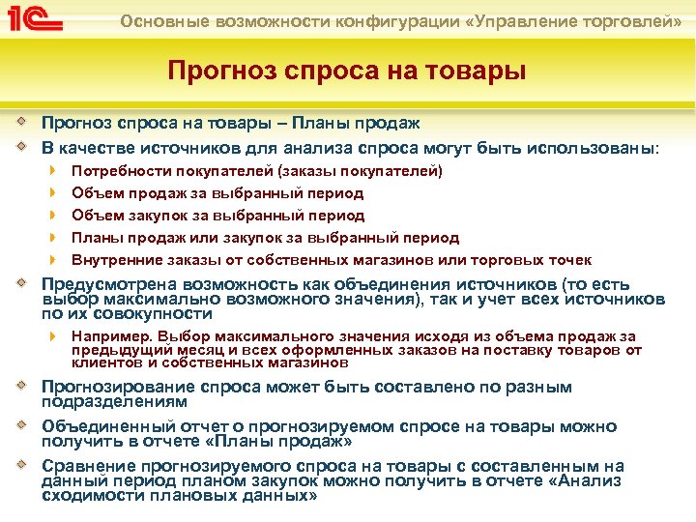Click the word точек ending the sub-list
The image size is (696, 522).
[x=570, y=260]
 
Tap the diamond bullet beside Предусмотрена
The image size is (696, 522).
[x=22, y=284]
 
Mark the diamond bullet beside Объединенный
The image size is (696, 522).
[x=22, y=425]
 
